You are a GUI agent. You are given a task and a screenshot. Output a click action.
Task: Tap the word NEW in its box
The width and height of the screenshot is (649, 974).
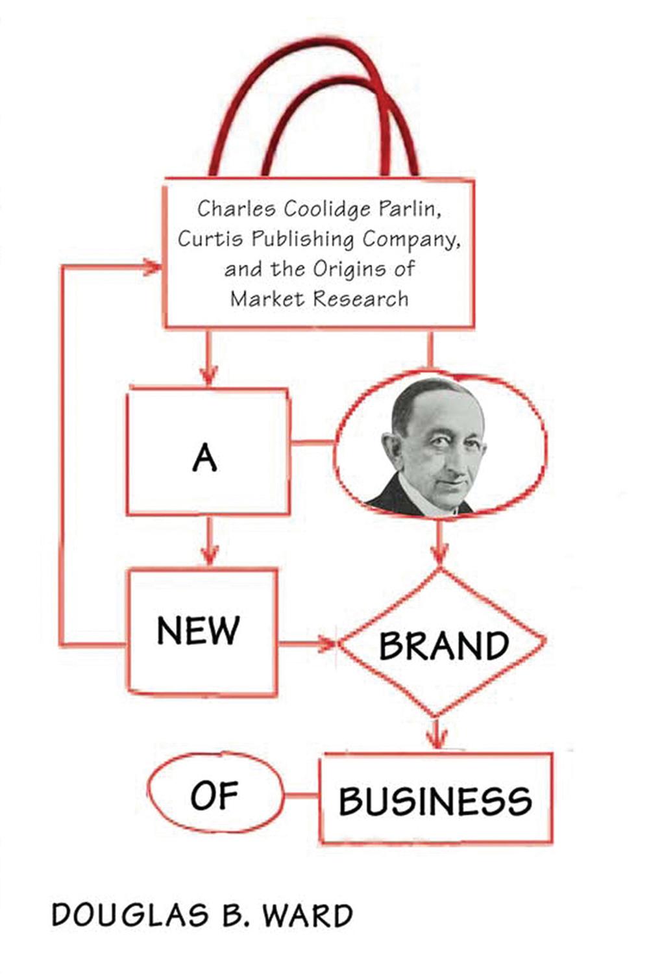(198, 630)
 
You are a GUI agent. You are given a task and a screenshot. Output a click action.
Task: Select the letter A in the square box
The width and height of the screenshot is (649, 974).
(204, 459)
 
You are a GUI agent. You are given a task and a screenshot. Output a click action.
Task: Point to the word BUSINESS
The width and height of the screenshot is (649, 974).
(435, 801)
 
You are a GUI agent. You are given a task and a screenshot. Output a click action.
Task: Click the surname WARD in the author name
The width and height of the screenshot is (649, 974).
(308, 915)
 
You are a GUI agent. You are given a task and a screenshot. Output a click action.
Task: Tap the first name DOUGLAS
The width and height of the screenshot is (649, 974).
(130, 915)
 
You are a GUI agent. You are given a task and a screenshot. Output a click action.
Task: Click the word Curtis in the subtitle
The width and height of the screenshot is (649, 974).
(210, 239)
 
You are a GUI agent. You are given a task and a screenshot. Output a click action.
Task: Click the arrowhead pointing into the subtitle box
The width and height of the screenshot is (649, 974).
(153, 266)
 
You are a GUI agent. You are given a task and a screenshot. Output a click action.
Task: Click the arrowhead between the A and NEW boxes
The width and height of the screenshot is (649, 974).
(209, 555)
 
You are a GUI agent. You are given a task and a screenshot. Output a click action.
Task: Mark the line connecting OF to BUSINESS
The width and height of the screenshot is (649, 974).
(302, 795)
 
